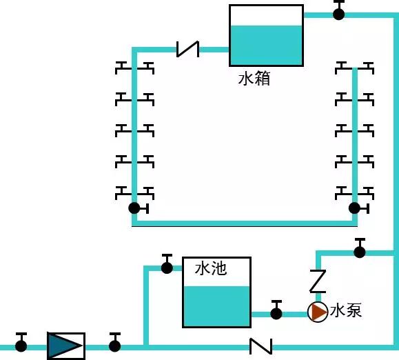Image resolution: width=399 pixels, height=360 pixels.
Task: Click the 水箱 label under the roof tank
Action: coord(254,79)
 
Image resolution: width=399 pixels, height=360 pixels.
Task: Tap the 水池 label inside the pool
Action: coord(211,268)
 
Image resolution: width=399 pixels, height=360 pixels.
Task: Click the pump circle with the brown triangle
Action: coord(318,312)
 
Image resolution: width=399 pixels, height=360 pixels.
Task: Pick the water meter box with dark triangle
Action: coord(66,345)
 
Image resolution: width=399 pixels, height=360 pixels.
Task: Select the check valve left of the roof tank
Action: coord(187,48)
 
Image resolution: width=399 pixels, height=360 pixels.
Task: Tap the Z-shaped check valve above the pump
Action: coord(317,281)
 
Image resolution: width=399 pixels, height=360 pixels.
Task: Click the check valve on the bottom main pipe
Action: coord(260,345)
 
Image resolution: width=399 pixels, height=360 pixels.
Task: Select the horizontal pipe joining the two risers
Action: coord(245,223)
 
